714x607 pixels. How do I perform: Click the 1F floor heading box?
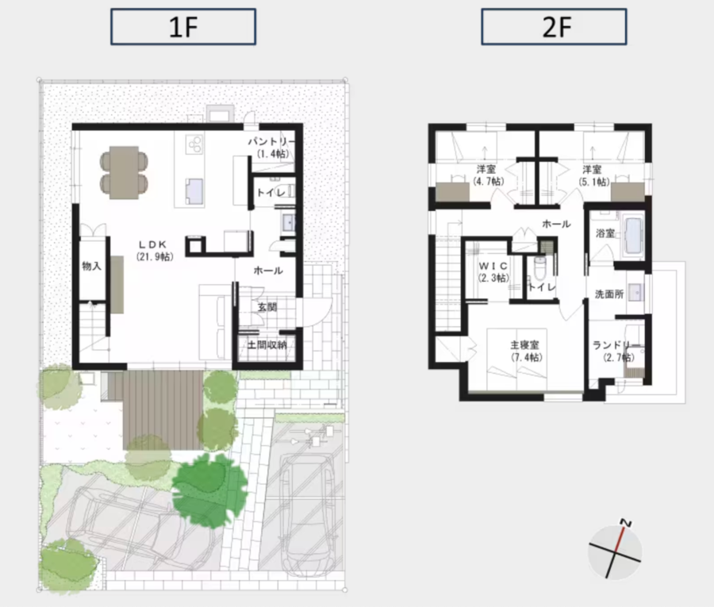pyautogui.click(x=183, y=27)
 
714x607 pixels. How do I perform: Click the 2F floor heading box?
pyautogui.click(x=554, y=27)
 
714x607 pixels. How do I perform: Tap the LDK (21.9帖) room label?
pyautogui.click(x=155, y=251)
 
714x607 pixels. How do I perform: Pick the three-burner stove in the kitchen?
pyautogui.click(x=195, y=144)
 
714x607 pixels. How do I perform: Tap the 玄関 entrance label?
pyautogui.click(x=267, y=307)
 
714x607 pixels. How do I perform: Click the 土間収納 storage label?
pyautogui.click(x=267, y=344)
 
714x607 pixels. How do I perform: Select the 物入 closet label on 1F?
pyautogui.click(x=91, y=266)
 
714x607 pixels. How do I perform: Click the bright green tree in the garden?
pyautogui.click(x=210, y=490)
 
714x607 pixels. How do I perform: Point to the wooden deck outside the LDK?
pyautogui.click(x=163, y=410)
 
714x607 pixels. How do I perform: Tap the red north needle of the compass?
pyautogui.click(x=620, y=540)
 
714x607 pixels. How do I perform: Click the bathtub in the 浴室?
pyautogui.click(x=634, y=236)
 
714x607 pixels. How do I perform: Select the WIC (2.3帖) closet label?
pyautogui.click(x=493, y=272)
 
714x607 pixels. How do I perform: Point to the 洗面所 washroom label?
pyautogui.click(x=609, y=294)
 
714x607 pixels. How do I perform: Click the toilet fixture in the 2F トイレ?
pyautogui.click(x=540, y=268)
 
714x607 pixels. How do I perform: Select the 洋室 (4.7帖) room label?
pyautogui.click(x=488, y=175)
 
